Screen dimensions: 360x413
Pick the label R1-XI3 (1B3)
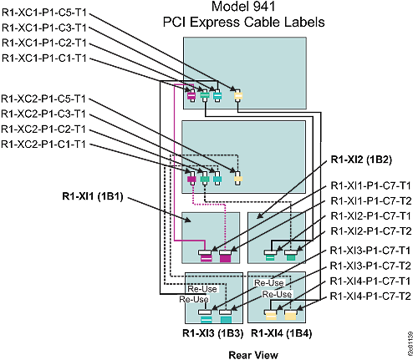(x=213, y=334)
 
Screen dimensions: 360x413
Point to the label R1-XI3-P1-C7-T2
(x=370, y=265)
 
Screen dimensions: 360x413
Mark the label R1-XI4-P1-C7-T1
(x=370, y=281)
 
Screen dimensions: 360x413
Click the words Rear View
(x=253, y=353)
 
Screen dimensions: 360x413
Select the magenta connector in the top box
(x=191, y=97)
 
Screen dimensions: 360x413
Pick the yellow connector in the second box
(x=237, y=179)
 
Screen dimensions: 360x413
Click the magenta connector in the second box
(x=192, y=180)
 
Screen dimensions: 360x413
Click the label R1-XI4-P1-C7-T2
(x=370, y=296)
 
